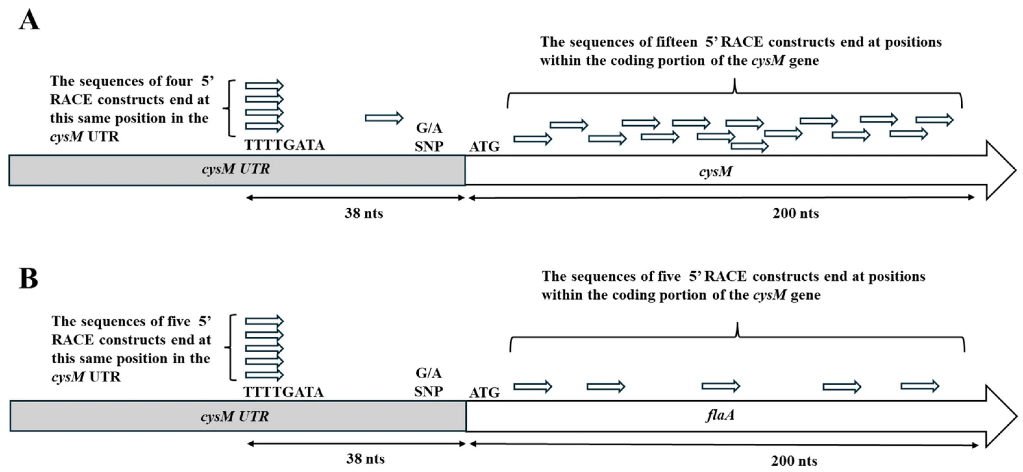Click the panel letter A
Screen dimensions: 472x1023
coord(29,20)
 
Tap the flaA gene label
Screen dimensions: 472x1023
coord(720,415)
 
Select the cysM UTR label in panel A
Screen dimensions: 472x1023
coord(236,169)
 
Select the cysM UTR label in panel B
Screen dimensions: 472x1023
coord(235,417)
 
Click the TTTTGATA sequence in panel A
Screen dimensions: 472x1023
coord(284,145)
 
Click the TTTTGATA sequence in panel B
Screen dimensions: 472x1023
coord(283,392)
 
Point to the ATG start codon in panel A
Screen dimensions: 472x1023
coord(484,147)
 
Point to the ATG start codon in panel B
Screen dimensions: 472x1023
coord(484,393)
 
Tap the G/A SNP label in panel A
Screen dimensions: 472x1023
coord(429,137)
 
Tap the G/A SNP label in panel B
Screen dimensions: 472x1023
coord(429,382)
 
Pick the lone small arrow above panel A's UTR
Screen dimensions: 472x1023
coord(384,118)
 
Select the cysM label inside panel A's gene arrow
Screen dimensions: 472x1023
coord(715,172)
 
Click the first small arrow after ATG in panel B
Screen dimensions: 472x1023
coord(533,386)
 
